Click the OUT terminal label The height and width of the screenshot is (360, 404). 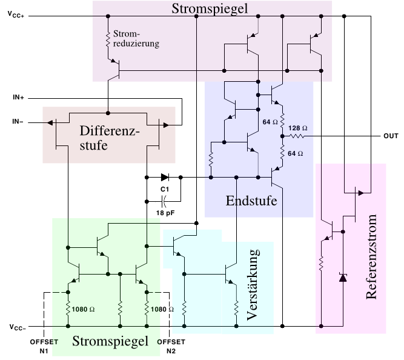click(390, 136)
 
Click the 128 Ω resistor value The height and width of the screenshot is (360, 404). click(298, 128)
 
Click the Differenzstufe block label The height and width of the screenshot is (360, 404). click(110, 139)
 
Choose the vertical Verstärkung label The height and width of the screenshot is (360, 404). click(254, 284)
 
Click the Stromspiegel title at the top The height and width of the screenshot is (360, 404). click(210, 9)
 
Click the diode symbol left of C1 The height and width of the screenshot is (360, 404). click(165, 178)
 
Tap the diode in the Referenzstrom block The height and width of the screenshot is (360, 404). click(342, 278)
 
